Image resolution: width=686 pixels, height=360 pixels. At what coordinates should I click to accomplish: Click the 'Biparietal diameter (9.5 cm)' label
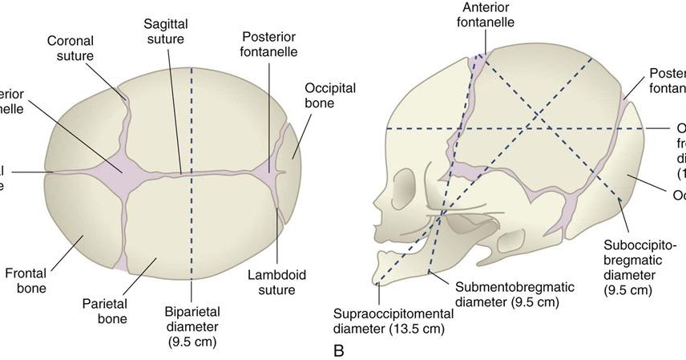click(191, 326)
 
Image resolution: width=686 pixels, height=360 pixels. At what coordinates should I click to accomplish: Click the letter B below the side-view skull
click(337, 350)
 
